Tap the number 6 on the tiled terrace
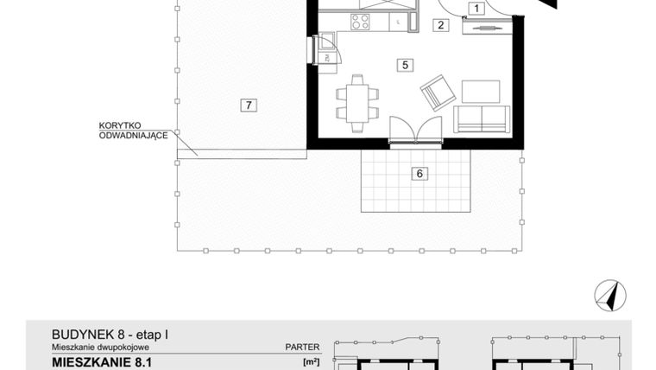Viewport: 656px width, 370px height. click(419, 174)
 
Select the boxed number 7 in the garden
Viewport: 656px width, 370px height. click(248, 105)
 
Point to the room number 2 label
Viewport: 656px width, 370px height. click(441, 25)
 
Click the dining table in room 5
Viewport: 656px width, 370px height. click(356, 101)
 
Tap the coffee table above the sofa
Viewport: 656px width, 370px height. click(480, 91)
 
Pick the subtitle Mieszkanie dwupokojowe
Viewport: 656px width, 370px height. click(102, 347)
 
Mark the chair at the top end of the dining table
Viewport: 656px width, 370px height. click(356, 79)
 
